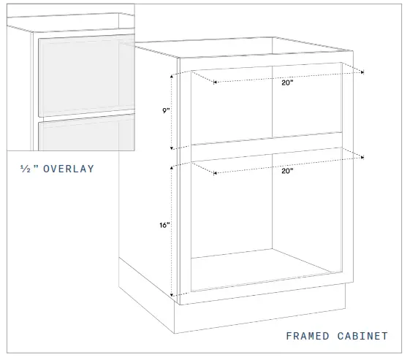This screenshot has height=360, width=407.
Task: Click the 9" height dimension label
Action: (x=167, y=111)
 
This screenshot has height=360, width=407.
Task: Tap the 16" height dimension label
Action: (x=165, y=226)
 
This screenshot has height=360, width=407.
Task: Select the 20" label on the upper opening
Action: (x=286, y=83)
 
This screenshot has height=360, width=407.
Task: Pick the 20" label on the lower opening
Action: (x=286, y=171)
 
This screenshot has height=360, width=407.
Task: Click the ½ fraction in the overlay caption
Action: (x=26, y=169)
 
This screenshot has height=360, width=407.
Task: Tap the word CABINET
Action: (x=363, y=336)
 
